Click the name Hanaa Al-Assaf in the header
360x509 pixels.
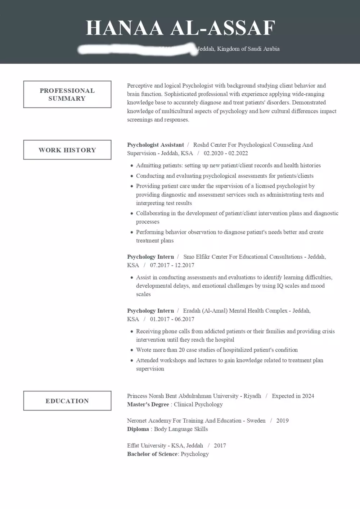click(x=180, y=28)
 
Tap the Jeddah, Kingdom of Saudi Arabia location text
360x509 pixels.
click(x=239, y=49)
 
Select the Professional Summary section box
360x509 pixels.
click(x=67, y=94)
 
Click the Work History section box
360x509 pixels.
click(x=67, y=150)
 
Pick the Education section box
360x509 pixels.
click(x=67, y=401)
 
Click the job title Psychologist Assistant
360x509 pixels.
click(x=156, y=145)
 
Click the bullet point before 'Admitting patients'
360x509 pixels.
click(x=132, y=166)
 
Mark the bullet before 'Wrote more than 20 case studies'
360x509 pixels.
click(x=132, y=350)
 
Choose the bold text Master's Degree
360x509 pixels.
click(x=148, y=404)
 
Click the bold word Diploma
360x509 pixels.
click(x=138, y=429)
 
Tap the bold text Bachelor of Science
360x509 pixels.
click(x=152, y=454)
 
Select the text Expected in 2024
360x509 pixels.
click(x=293, y=396)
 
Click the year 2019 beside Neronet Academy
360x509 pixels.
click(x=282, y=421)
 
